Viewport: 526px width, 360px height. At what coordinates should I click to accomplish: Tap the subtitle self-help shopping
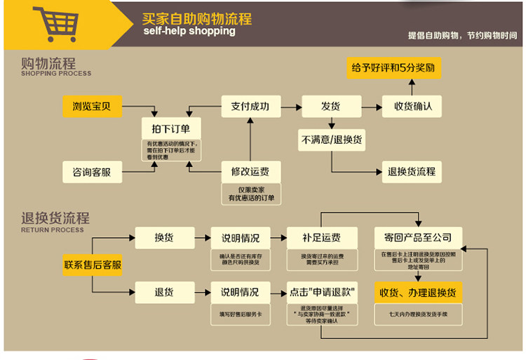pyautogui.click(x=189, y=32)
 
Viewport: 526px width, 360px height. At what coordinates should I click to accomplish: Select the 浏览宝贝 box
pyautogui.click(x=92, y=107)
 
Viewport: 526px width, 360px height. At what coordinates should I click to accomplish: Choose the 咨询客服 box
pyautogui.click(x=92, y=171)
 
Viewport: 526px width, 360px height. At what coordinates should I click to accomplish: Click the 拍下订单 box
pyautogui.click(x=171, y=128)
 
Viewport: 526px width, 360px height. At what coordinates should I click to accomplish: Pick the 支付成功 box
pyautogui.click(x=250, y=107)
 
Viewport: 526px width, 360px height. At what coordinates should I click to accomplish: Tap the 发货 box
pyautogui.click(x=331, y=107)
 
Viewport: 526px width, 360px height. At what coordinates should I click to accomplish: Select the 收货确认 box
pyautogui.click(x=412, y=107)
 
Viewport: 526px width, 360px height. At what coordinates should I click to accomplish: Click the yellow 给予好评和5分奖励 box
pyautogui.click(x=394, y=68)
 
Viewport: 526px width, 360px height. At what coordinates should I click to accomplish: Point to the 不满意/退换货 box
pyautogui.click(x=332, y=140)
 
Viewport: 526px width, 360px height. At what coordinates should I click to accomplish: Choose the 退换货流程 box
pyautogui.click(x=412, y=171)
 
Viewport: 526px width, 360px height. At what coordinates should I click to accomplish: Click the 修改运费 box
pyautogui.click(x=250, y=171)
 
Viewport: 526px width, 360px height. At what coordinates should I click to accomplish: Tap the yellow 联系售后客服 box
pyautogui.click(x=93, y=265)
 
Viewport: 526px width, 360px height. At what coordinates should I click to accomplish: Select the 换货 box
pyautogui.click(x=164, y=238)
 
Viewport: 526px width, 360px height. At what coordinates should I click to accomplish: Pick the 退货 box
pyautogui.click(x=164, y=292)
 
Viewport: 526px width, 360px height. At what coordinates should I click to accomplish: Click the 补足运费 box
pyautogui.click(x=322, y=238)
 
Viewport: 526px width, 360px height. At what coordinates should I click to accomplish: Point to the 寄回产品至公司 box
pyautogui.click(x=418, y=238)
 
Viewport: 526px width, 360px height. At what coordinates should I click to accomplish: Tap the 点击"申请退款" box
pyautogui.click(x=322, y=292)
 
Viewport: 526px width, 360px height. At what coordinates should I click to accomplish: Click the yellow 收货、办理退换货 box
pyautogui.click(x=418, y=292)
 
